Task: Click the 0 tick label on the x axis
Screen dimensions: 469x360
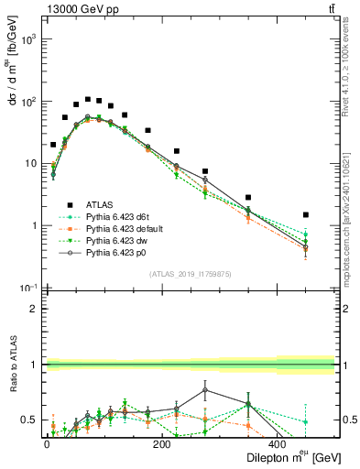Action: [x=47, y=443]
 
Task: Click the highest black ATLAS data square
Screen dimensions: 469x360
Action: [x=88, y=99]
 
